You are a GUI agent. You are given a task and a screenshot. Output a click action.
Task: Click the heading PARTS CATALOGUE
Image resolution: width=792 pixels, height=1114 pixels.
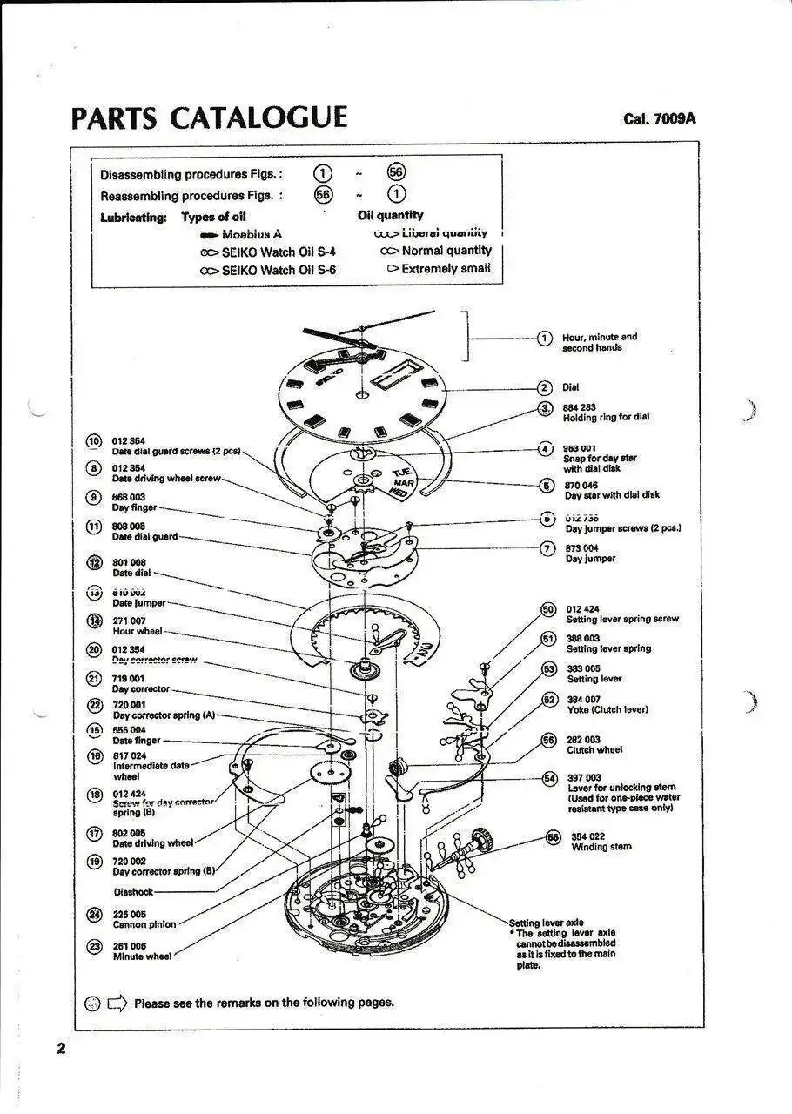pos(209,117)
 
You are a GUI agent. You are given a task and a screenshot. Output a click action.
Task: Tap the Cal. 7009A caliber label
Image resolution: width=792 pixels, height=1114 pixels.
pos(659,119)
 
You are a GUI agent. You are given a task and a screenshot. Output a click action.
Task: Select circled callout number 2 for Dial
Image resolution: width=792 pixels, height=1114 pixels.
pos(545,388)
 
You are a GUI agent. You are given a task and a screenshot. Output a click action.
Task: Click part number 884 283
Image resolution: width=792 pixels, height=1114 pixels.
pos(580,406)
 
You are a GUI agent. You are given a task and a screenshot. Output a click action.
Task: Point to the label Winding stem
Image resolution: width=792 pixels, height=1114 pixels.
pos(601,847)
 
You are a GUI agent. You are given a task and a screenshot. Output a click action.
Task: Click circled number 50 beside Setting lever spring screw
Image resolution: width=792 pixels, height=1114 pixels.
pos(548,609)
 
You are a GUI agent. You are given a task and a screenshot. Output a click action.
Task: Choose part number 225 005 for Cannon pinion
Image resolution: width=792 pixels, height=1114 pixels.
pos(130,915)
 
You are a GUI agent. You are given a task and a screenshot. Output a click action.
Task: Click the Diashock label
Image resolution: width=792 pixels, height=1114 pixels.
pos(133,892)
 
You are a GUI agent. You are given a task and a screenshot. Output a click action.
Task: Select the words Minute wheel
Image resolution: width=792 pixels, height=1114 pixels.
pos(142,956)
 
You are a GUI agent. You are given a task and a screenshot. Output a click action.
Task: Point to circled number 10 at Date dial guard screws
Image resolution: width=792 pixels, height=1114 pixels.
pos(94,441)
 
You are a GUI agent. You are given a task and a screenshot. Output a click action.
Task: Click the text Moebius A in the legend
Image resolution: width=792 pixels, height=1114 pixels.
pos(252,234)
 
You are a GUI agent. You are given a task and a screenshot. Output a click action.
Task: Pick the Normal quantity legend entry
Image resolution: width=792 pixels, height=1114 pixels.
pos(446,251)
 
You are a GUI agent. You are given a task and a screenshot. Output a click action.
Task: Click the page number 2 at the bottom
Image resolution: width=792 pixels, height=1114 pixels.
pos(61,1048)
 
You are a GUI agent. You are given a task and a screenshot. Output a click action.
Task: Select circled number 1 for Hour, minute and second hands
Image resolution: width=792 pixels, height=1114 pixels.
pos(545,338)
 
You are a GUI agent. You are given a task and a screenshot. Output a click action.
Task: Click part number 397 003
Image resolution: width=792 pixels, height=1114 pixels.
pos(584,777)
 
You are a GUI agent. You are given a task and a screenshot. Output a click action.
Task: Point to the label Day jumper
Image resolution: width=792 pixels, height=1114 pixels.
pos(590,559)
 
